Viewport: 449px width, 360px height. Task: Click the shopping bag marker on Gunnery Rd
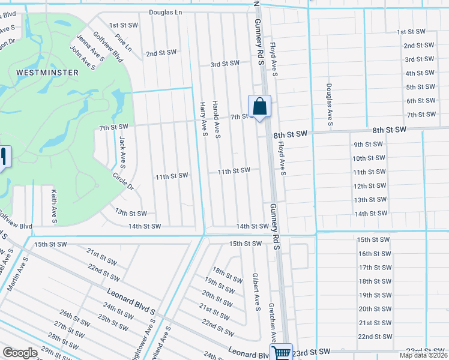[x=259, y=107]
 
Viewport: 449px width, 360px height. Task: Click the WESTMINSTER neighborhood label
[x=47, y=73]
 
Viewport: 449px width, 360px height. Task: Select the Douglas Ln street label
[x=173, y=12]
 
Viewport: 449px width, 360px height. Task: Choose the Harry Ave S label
[x=203, y=118]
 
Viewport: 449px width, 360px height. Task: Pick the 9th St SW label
[x=368, y=145]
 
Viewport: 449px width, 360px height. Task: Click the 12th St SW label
[x=369, y=186]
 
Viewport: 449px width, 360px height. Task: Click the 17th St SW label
[x=375, y=267]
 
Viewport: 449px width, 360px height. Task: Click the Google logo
[x=20, y=353]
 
